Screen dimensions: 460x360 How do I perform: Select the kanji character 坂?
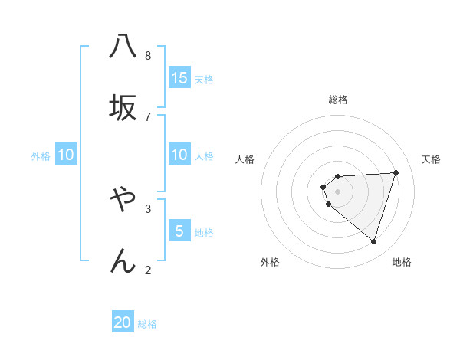pyautogui.click(x=123, y=107)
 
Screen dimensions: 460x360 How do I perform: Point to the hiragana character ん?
pyautogui.click(x=123, y=260)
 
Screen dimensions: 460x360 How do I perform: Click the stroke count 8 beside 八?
pyautogui.click(x=148, y=55)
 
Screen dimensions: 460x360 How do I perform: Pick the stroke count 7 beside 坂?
pyautogui.click(x=148, y=116)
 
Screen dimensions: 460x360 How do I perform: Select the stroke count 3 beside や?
pyautogui.click(x=148, y=208)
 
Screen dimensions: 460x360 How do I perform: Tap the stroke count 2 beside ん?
pyautogui.click(x=148, y=269)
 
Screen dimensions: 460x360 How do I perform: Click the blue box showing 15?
pyautogui.click(x=179, y=78)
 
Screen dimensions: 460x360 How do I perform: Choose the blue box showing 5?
pyautogui.click(x=179, y=231)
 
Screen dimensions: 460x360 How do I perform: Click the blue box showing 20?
pyautogui.click(x=123, y=322)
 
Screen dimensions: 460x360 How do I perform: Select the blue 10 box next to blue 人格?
pyautogui.click(x=179, y=155)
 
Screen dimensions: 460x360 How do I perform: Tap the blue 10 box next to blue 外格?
pyautogui.click(x=66, y=155)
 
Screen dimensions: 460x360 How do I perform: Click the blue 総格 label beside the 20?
pyautogui.click(x=147, y=324)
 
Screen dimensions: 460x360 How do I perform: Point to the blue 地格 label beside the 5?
pyautogui.click(x=204, y=233)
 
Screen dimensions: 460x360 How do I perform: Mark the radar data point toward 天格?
pyautogui.click(x=396, y=172)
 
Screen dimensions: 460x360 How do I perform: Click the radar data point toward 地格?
pyautogui.click(x=373, y=241)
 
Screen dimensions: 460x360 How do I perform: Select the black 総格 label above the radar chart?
pyautogui.click(x=338, y=100)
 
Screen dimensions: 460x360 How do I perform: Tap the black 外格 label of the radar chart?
pyautogui.click(x=270, y=262)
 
